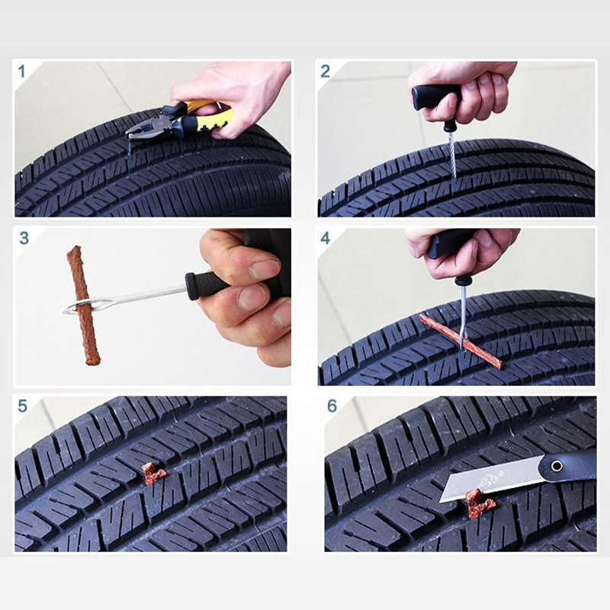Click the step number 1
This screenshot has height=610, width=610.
(x=21, y=72)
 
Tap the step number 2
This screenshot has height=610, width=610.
(x=326, y=72)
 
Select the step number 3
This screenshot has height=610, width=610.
(x=24, y=238)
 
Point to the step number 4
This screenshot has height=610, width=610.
(x=326, y=238)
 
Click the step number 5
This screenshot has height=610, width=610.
(x=23, y=406)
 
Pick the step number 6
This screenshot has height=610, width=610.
(x=332, y=406)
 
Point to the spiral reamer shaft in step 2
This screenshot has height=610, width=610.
(x=452, y=154)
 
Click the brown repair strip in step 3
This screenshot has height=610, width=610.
(x=83, y=306)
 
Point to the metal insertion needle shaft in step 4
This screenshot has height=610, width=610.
(x=463, y=315)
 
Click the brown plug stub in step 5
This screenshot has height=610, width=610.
(x=153, y=474)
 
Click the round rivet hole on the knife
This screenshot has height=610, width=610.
(x=557, y=465)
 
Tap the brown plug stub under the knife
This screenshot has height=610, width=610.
(x=480, y=504)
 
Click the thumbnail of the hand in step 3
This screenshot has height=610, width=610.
(x=265, y=268)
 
